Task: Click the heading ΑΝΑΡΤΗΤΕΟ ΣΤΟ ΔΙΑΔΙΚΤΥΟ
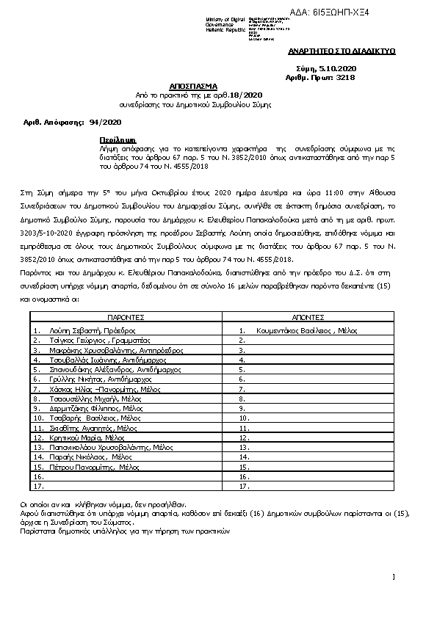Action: pyautogui.click(x=342, y=52)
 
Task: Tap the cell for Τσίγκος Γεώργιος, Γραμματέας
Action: pyautogui.click(x=95, y=341)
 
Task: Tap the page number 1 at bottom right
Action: pyautogui.click(x=394, y=577)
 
